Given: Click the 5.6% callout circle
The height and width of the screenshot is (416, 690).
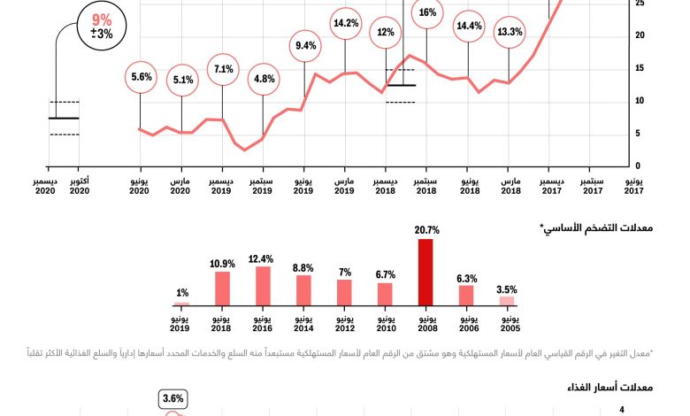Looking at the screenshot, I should point(142,77).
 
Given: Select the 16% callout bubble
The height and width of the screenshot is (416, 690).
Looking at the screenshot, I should point(427,13).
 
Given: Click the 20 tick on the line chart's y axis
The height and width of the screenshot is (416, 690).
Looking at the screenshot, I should point(639,35).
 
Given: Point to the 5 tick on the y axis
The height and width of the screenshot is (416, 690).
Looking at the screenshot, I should point(639,134).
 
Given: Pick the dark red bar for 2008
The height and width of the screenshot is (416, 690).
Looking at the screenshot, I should point(426,273).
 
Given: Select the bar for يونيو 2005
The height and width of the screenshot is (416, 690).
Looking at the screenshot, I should point(507,301).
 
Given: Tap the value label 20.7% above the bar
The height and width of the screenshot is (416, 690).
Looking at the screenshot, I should point(426,230).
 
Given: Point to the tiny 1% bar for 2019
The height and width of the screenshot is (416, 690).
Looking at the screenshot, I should point(181,304).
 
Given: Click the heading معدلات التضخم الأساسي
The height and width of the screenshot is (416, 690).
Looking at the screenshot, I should point(602,229).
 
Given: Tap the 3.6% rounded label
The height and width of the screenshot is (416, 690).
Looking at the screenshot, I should point(172,399).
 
